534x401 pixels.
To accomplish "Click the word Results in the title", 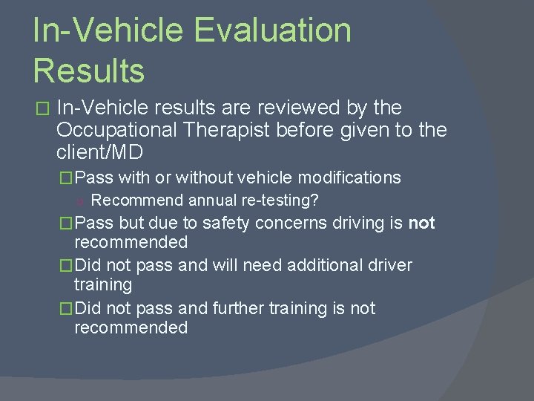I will (x=88, y=71).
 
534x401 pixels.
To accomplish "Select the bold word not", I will (x=421, y=223).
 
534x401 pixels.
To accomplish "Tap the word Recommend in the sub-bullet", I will (x=137, y=200).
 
